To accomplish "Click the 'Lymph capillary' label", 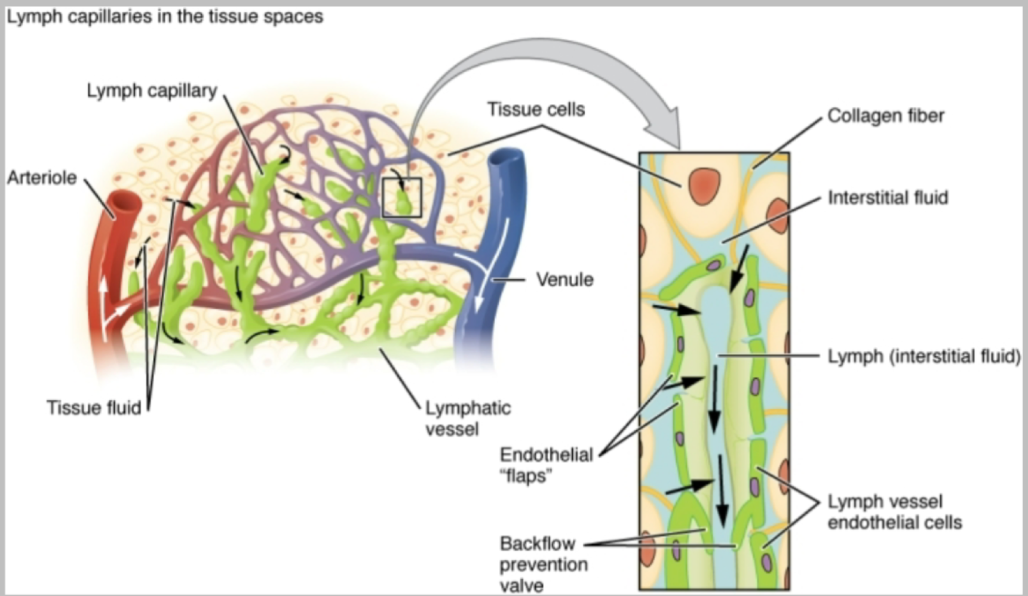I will [x=152, y=91].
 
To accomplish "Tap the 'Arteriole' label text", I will [x=42, y=178].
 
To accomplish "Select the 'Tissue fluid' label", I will [x=94, y=408].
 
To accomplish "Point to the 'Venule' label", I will [x=564, y=279].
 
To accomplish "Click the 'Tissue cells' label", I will [x=536, y=110].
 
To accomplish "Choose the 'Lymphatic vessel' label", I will [x=468, y=418].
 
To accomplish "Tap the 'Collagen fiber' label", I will [x=885, y=116].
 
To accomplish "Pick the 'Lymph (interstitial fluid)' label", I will [x=923, y=357].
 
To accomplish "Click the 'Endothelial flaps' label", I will [x=546, y=465].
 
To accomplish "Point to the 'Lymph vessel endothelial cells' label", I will [x=894, y=512].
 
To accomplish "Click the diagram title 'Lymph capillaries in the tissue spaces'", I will [x=165, y=17].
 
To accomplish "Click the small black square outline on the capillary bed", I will [x=401, y=197].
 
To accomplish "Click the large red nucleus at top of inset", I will [x=703, y=186].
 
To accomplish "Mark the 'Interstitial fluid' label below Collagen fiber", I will [x=888, y=198].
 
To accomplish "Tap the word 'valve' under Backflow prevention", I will [x=521, y=585].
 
